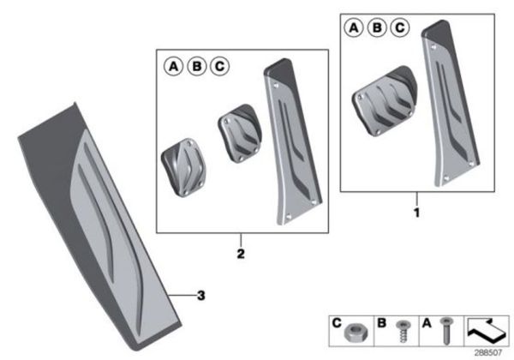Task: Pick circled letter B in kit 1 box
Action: pos(377,29)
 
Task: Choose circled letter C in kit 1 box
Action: pos(399,29)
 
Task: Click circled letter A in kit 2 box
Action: pos(173,66)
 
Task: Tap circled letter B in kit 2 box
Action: pos(196,66)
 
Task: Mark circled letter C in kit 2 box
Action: pos(219,66)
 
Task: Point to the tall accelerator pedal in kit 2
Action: pos(289,141)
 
